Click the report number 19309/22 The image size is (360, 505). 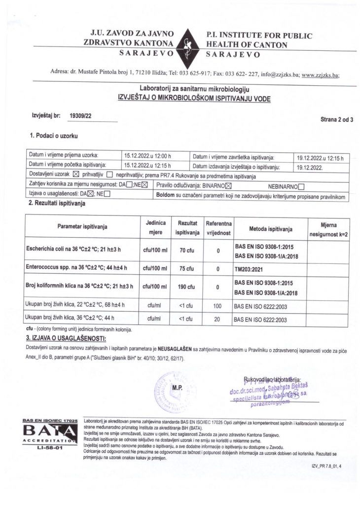[x=81, y=116]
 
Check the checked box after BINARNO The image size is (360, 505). [x=228, y=186]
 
